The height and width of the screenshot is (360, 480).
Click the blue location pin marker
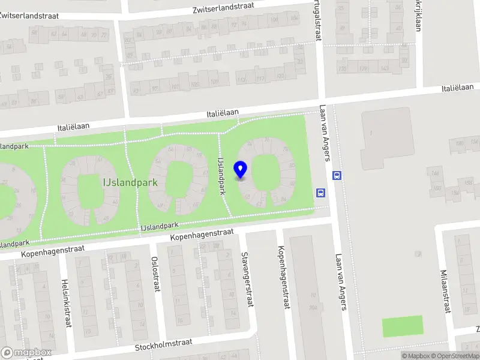click(x=241, y=170)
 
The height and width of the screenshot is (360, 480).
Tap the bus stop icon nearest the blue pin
click(x=321, y=193)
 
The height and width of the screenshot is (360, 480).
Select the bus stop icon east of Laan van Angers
click(x=337, y=176)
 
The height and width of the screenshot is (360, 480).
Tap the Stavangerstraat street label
click(x=245, y=280)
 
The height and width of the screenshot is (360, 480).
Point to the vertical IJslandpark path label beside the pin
click(x=221, y=176)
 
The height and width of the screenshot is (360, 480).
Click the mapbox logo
click(x=26, y=353)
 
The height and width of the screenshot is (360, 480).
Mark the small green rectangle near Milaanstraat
click(x=403, y=326)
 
